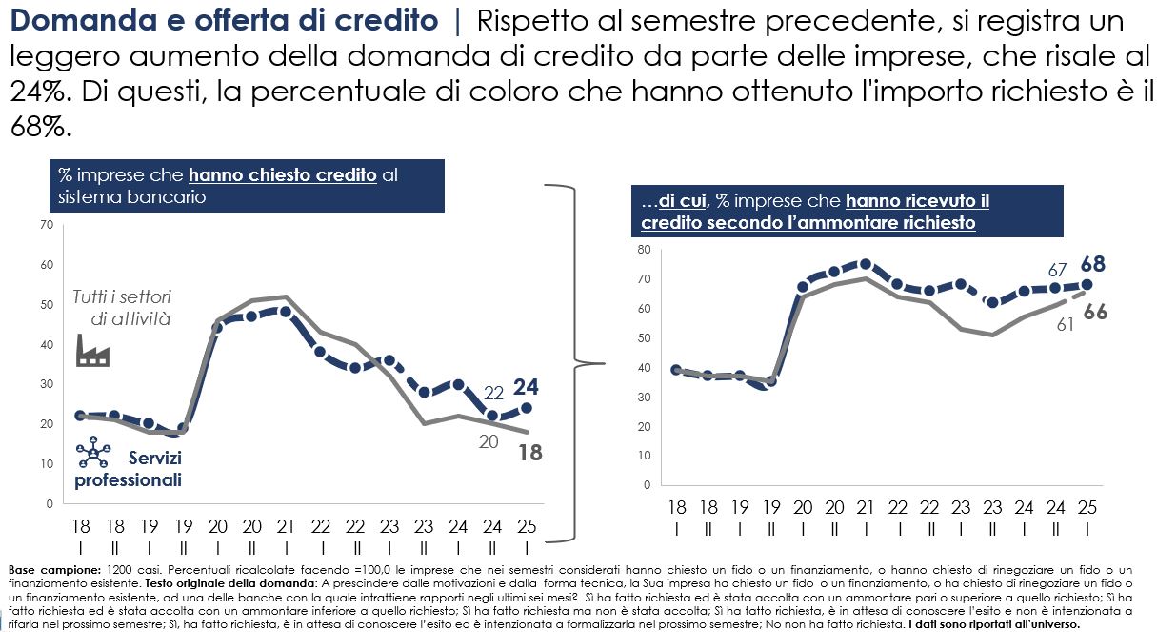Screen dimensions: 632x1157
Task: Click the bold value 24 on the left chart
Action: click(528, 387)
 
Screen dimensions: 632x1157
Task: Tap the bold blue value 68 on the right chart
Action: click(1092, 264)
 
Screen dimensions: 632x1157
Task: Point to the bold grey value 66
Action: click(1095, 312)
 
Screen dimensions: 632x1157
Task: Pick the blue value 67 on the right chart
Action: click(1057, 270)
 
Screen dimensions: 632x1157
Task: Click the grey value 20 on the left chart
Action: click(488, 441)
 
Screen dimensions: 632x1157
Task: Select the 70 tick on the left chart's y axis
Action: click(46, 225)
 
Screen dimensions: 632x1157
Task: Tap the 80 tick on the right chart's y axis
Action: click(643, 250)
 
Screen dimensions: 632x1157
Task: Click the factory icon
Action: click(92, 352)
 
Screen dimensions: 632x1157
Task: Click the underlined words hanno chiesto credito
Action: click(282, 174)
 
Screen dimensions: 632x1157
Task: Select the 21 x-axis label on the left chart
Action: click(286, 526)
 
